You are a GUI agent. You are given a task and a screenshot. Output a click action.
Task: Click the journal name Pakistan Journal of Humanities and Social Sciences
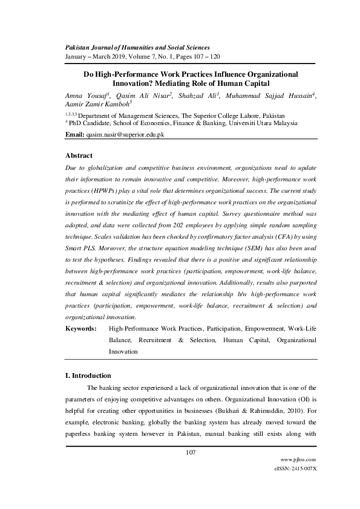point(137,47)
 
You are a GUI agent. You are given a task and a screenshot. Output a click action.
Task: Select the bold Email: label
point(74,135)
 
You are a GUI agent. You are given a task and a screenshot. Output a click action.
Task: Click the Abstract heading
point(79,155)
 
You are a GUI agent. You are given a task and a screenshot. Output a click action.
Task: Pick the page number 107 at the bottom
point(191,453)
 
